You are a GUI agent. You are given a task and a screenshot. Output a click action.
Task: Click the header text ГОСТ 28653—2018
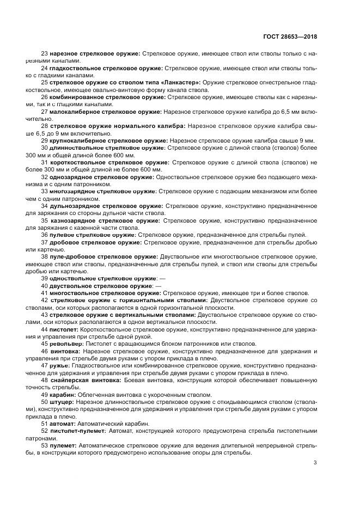[289, 36]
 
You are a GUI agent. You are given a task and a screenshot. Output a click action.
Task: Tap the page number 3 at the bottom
[315, 463]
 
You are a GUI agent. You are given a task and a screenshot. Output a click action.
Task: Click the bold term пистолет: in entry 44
[64, 330]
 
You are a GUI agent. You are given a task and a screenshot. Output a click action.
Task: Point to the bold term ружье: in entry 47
[60, 366]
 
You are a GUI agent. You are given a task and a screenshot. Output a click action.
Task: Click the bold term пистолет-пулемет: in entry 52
[76, 430]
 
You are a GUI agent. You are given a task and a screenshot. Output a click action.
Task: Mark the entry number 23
[44, 53]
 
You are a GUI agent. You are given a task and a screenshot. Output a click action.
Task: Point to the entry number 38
[44, 256]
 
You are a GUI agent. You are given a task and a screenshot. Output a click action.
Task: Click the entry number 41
[44, 293]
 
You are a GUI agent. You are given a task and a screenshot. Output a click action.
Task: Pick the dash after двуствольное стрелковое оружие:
[158, 286]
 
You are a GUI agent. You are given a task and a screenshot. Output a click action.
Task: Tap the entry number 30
[44, 148]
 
